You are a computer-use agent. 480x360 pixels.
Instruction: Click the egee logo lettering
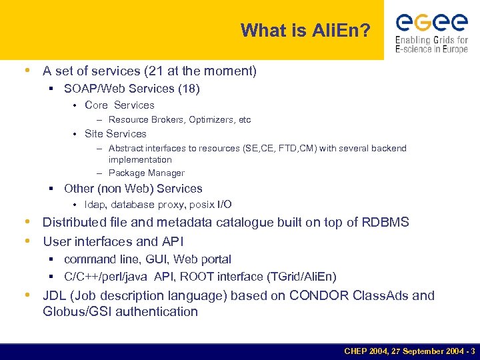431,23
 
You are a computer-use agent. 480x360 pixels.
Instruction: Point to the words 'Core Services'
119,105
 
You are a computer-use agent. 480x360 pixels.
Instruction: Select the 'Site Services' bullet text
115,134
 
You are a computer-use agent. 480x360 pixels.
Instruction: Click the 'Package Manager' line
146,173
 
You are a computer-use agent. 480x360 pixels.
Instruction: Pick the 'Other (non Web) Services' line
133,189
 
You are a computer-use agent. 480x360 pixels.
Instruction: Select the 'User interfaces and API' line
113,241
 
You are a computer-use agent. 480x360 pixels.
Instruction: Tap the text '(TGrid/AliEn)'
303,277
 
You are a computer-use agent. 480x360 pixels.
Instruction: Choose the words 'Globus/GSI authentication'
120,311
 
